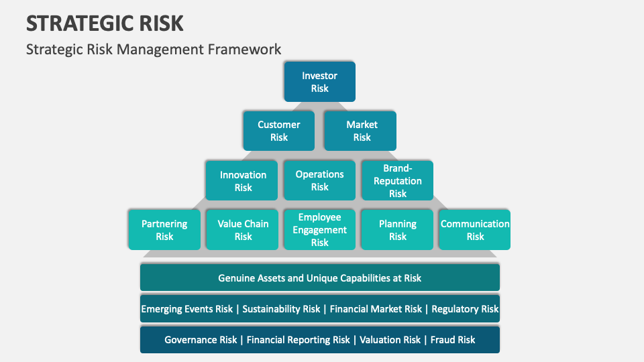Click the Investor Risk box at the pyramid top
coord(319,82)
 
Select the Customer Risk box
coord(279,131)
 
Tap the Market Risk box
coord(362,131)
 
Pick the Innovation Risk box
coord(243,181)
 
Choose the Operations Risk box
coord(319,180)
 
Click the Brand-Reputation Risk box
coord(398,180)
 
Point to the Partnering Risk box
coord(164,230)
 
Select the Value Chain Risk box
coord(243,230)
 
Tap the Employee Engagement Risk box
coord(319,230)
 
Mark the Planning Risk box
coord(398,230)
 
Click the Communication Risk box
coord(475,230)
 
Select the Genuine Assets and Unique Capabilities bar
coord(319,278)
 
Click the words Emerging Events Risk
coord(187,309)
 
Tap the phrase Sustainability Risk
coord(281,309)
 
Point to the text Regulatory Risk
coord(465,309)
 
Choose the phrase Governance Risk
coord(201,340)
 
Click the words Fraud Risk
coord(453,340)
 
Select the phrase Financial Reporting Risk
coord(299,340)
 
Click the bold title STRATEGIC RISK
coord(105,23)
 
